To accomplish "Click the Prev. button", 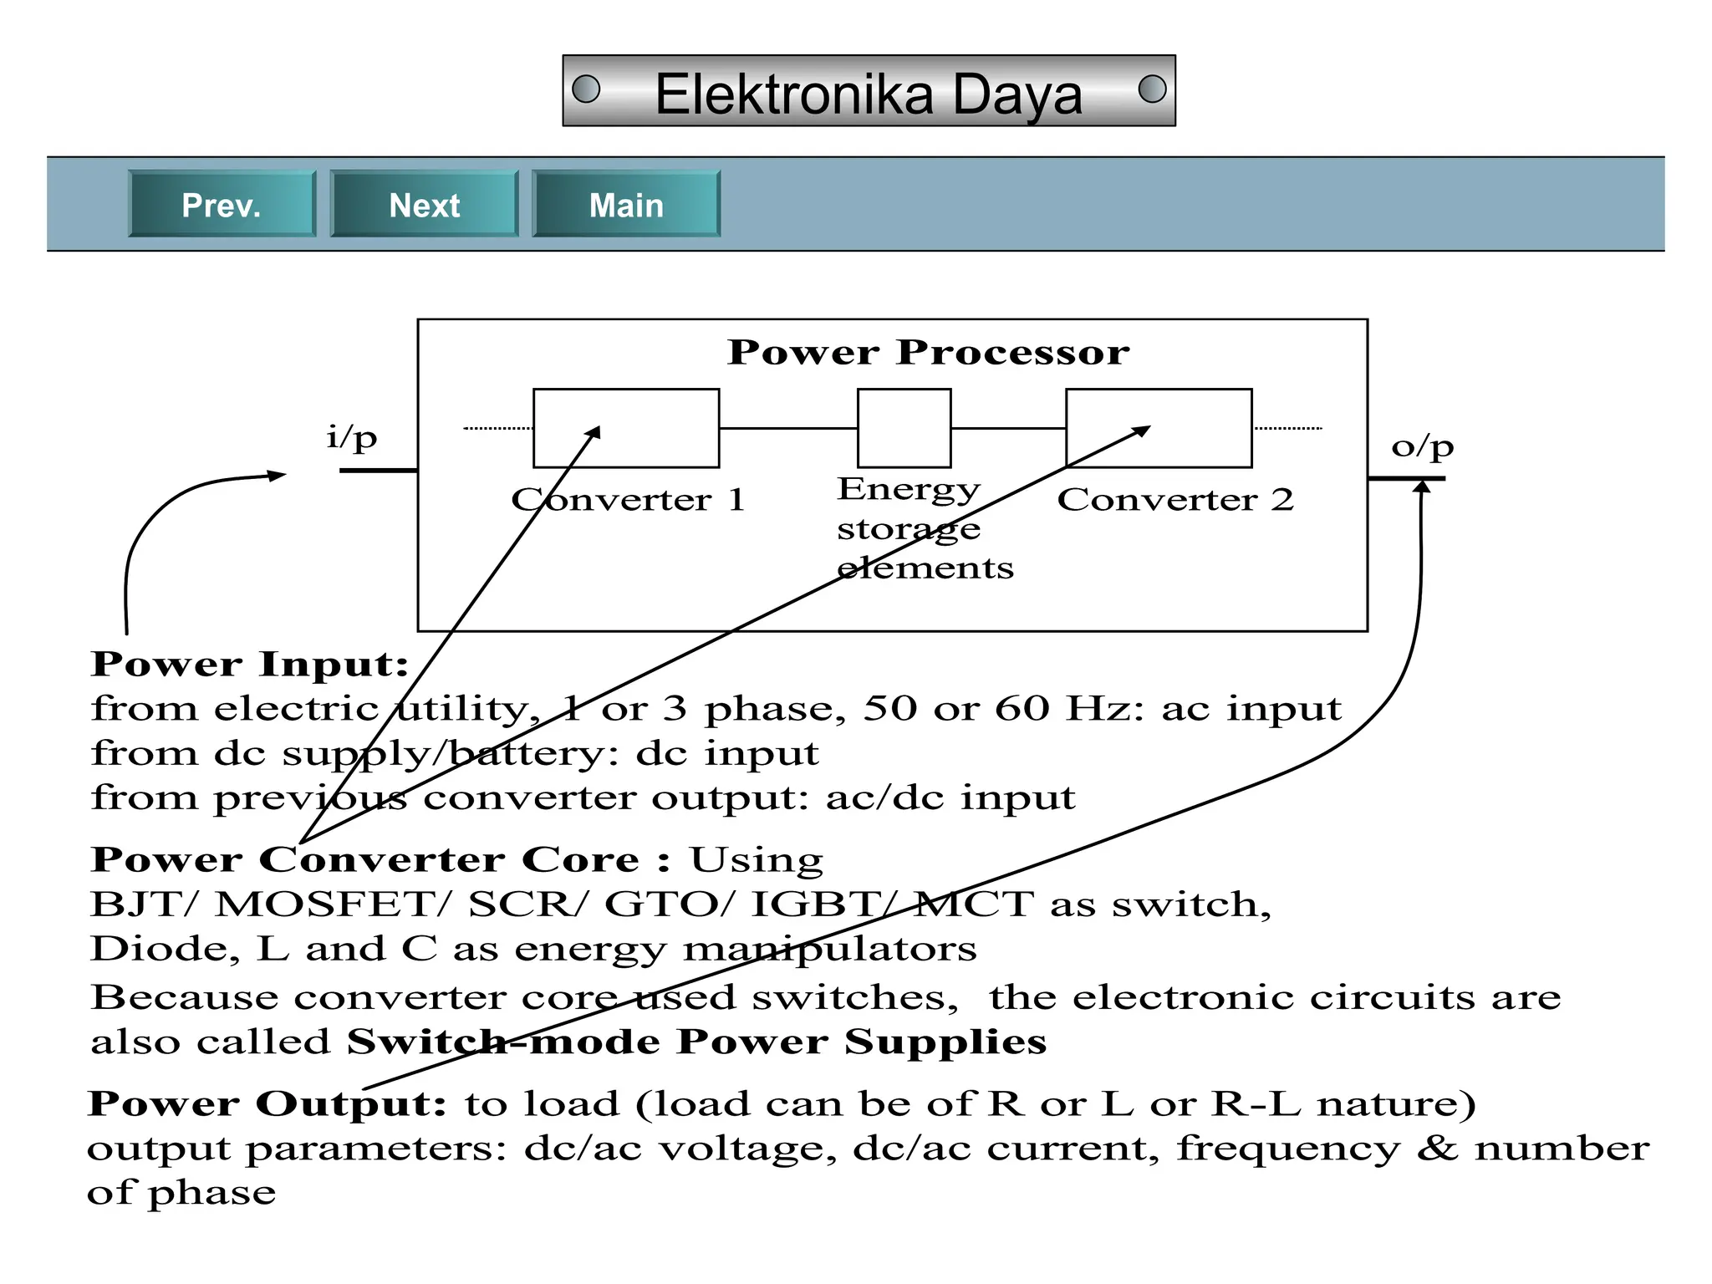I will [222, 205].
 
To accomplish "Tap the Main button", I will [626, 205].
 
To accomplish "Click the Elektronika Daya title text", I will [868, 94].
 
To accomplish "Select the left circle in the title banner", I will [586, 89].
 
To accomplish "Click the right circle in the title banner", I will [1152, 89].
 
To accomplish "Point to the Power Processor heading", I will [928, 352].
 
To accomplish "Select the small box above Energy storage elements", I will [904, 428].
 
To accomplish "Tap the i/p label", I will [352, 436].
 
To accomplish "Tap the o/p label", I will [1422, 446].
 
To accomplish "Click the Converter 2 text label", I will [1174, 500].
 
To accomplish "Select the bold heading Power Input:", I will [249, 665].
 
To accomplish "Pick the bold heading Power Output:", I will [267, 1104].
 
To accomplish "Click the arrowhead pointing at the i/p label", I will [278, 475].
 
